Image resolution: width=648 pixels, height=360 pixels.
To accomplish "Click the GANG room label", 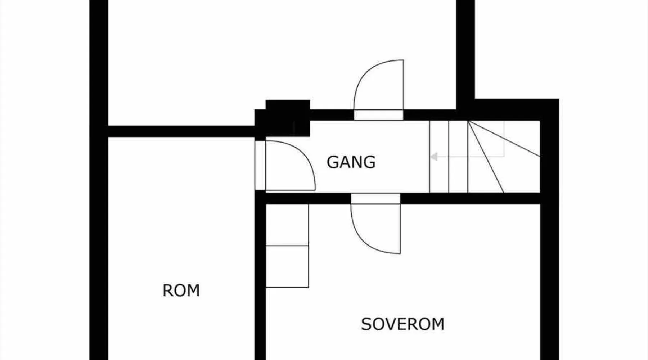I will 351,162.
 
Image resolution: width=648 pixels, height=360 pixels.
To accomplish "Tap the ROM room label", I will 181,291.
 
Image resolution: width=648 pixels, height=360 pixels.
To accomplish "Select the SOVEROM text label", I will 402,324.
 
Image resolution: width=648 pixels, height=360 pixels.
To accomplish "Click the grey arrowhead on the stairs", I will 434,157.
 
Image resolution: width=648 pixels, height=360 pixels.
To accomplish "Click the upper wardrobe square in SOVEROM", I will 287,225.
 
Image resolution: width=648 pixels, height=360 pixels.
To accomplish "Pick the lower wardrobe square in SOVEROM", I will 287,267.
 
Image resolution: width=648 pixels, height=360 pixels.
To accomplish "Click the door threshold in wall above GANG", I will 378,115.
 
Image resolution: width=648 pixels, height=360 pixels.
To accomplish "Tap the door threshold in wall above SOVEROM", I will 375,198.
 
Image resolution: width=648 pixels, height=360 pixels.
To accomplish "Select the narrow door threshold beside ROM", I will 260,165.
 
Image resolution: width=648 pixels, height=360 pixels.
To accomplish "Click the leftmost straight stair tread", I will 439,157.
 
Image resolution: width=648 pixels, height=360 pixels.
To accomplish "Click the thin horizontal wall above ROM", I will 180,131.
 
